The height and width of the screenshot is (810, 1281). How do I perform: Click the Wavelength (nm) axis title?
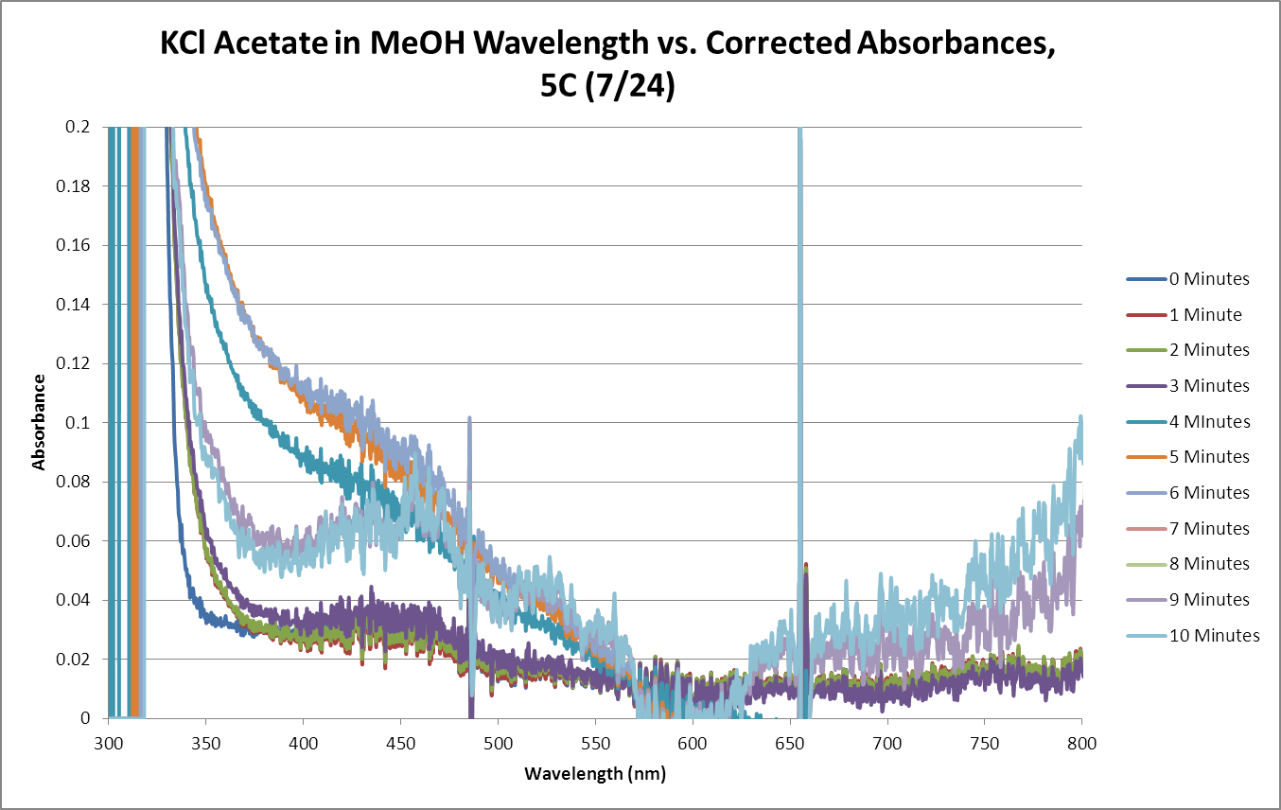595,775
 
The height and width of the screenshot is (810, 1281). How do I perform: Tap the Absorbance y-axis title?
39,423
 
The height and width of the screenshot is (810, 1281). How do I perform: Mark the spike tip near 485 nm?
469,417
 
